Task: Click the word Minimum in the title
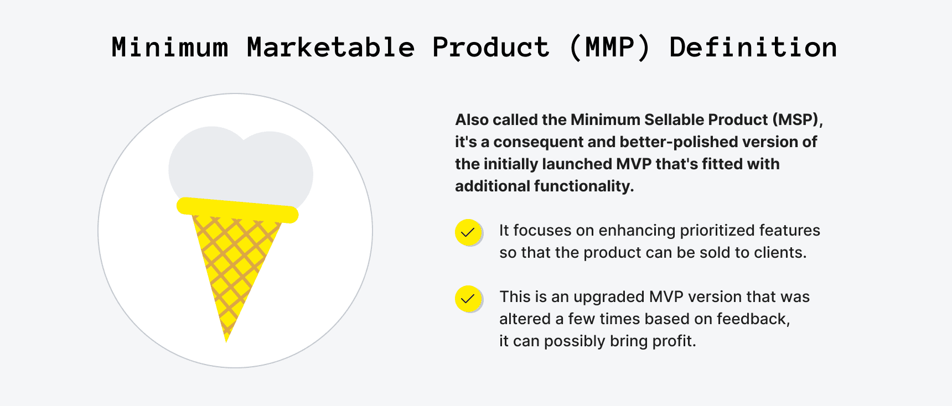click(170, 48)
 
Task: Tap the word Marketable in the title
click(330, 48)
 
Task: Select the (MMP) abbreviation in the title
click(609, 48)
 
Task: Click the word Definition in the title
click(753, 48)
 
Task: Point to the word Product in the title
click(490, 48)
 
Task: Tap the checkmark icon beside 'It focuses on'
click(468, 232)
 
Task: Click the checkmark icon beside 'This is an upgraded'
click(468, 299)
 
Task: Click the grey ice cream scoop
click(241, 166)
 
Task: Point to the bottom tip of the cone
click(226, 339)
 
